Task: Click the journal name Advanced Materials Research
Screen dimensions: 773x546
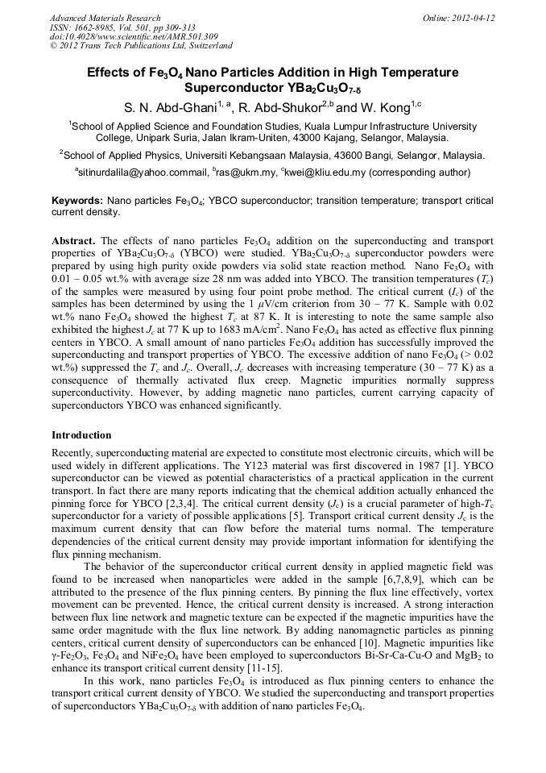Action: (105, 18)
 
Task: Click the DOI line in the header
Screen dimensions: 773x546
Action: (134, 37)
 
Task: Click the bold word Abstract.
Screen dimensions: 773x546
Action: (74, 241)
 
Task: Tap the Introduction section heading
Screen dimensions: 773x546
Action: (81, 435)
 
